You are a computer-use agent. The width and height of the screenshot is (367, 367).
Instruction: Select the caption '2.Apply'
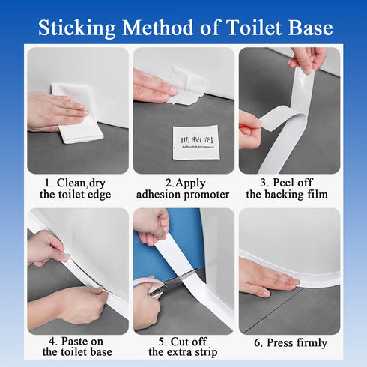[183, 182]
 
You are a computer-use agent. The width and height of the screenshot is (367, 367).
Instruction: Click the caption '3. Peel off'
[288, 182]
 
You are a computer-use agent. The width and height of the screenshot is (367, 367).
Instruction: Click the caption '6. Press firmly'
[289, 343]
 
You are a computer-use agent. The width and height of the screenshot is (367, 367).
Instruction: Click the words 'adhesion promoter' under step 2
[183, 195]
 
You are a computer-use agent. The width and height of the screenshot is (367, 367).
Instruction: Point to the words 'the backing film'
[288, 195]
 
